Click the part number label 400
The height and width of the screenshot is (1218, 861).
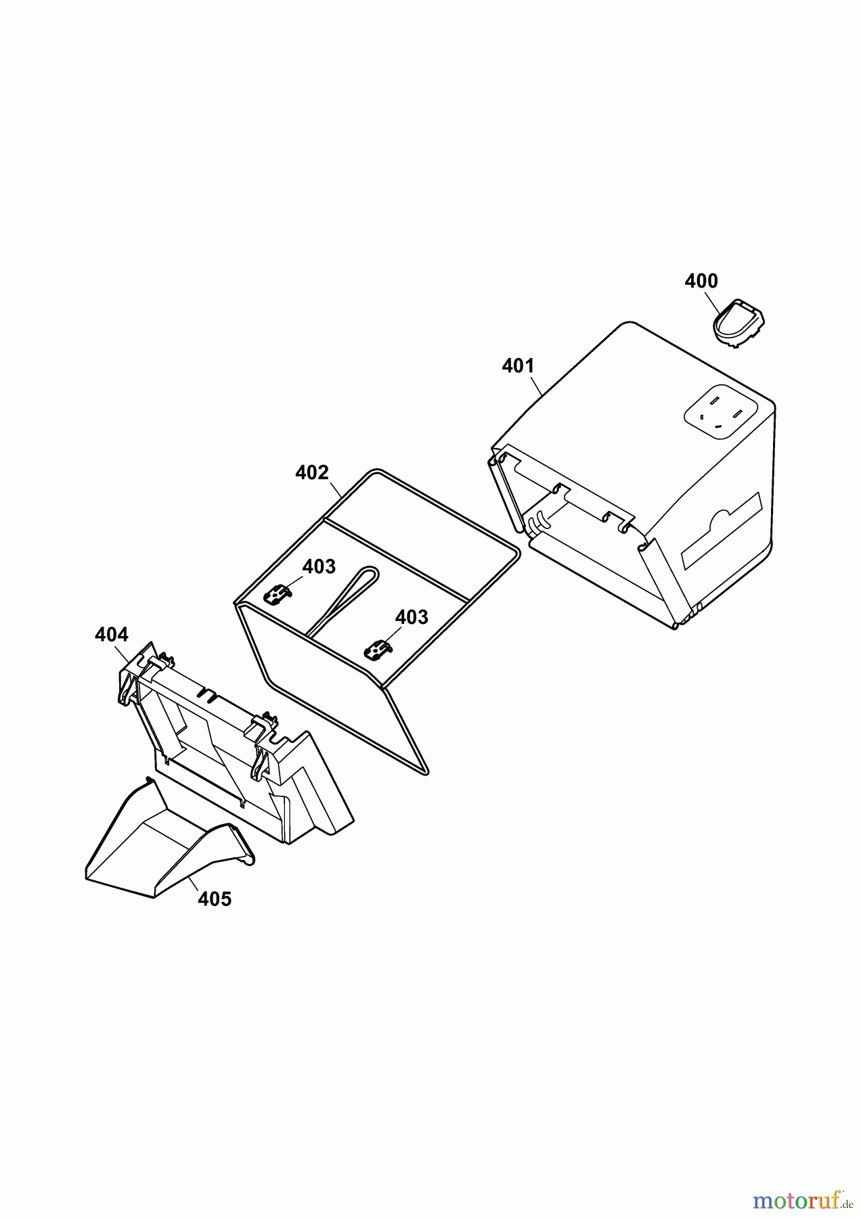(x=701, y=281)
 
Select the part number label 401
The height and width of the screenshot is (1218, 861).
(x=518, y=366)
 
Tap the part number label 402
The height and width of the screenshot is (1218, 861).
(x=312, y=472)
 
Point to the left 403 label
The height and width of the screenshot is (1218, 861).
(x=319, y=566)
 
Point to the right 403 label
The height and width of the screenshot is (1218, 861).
(x=412, y=617)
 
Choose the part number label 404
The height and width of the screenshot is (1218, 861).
(x=112, y=635)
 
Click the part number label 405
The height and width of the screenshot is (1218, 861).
(x=215, y=899)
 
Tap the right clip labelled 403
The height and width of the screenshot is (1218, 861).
(x=378, y=650)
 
